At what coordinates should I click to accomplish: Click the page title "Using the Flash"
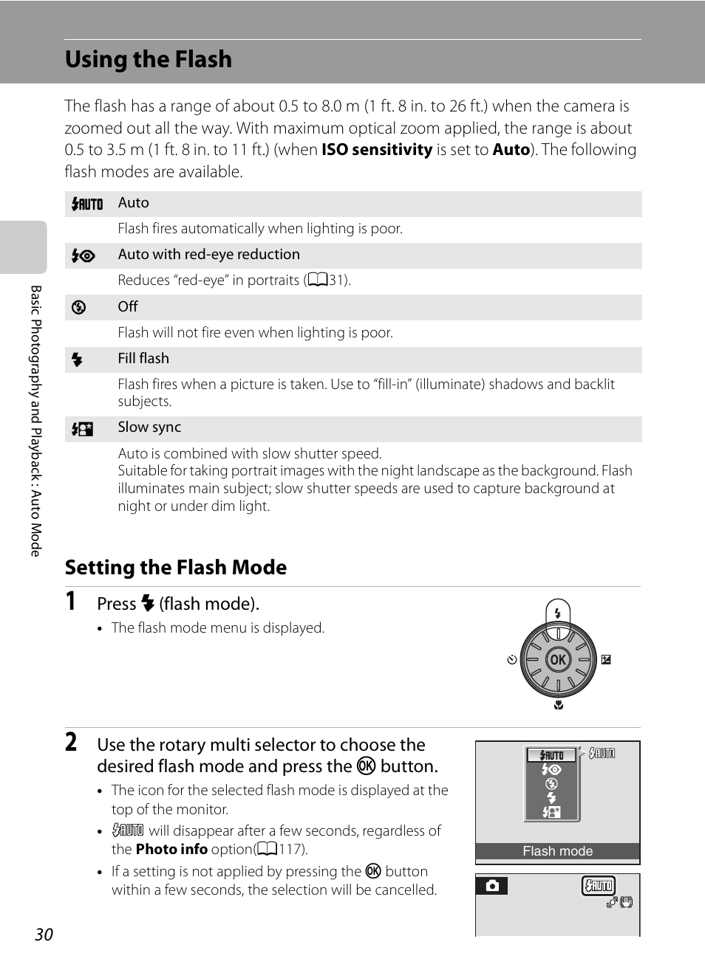point(149,59)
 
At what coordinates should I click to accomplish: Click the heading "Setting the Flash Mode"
point(176,567)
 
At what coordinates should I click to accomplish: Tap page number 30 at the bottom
point(44,934)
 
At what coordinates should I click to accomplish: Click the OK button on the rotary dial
point(558,659)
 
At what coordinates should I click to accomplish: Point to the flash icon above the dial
point(558,613)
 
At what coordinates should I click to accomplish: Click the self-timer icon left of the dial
point(512,659)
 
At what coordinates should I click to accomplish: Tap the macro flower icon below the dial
point(559,705)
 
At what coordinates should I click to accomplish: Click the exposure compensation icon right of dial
point(606,659)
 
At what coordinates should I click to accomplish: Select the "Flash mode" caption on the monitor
point(557,851)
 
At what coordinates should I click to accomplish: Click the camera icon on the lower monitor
point(492,885)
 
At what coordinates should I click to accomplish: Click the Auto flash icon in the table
point(87,204)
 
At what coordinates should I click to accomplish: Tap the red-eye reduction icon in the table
point(83,255)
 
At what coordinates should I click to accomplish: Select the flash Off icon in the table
point(78,307)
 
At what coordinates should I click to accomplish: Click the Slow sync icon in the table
point(82,429)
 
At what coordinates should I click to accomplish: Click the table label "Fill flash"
point(143,358)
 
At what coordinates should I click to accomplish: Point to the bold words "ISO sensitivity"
point(376,149)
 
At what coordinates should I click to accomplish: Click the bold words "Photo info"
point(171,849)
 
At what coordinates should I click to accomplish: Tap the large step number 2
point(71,742)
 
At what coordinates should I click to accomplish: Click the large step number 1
point(71,601)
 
